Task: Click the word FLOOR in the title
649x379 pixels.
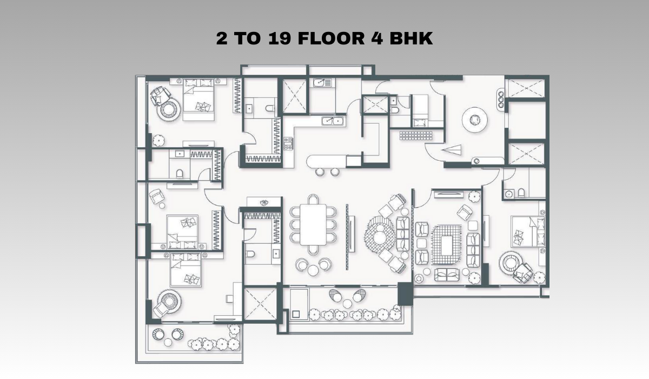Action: pos(331,38)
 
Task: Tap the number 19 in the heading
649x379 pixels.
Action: pos(279,38)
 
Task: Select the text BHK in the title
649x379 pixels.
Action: pos(411,38)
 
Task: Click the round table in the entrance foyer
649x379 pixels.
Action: pos(475,120)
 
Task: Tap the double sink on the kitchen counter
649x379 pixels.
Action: pos(333,121)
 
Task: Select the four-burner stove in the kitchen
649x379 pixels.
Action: pos(288,144)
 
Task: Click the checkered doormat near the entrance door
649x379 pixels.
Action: pos(416,135)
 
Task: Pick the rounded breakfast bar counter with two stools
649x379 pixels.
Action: pos(327,161)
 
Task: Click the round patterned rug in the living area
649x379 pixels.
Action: pos(380,234)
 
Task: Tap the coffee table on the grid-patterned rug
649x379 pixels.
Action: pos(447,245)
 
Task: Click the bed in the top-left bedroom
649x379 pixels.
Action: pos(198,99)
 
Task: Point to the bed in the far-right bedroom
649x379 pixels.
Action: pos(528,231)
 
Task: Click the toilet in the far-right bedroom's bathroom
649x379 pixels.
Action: pos(521,193)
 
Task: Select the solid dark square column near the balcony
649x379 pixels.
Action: pos(405,294)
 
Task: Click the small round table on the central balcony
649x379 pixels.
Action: pos(347,303)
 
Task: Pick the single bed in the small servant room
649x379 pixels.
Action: pos(420,111)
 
